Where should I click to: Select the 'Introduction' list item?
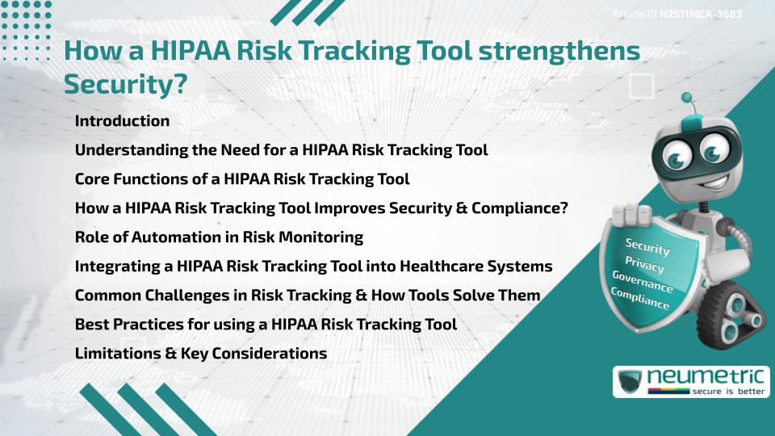[x=122, y=121]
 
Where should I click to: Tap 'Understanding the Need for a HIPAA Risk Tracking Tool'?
[x=281, y=150]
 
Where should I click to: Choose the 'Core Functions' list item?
[x=242, y=179]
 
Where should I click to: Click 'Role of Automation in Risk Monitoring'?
[x=219, y=237]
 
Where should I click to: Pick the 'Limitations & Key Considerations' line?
[x=201, y=354]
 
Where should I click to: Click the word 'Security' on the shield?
[x=647, y=246]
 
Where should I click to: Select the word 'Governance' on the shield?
[x=643, y=282]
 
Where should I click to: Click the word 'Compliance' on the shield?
[x=640, y=299]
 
